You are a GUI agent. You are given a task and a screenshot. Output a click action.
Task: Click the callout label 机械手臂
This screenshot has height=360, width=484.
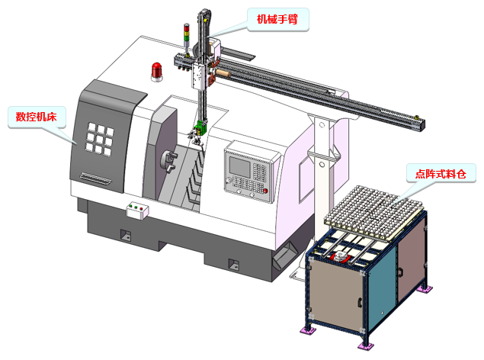click(277, 19)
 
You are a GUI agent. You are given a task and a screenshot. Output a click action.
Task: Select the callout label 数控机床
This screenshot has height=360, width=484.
click(37, 117)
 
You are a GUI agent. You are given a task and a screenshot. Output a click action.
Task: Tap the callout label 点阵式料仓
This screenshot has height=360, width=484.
click(441, 174)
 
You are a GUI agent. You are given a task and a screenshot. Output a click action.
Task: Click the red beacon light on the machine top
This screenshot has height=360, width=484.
click(157, 72)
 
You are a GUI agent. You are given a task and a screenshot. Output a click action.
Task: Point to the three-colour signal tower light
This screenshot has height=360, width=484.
click(187, 37)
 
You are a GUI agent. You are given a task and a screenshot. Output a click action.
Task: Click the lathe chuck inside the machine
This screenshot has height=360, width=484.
click(168, 160)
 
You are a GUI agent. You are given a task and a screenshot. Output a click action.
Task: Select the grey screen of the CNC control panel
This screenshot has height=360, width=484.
click(240, 167)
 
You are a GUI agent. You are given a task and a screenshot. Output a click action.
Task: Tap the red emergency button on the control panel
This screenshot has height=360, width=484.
click(265, 191)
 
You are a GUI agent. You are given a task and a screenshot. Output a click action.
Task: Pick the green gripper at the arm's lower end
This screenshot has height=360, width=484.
click(201, 128)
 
